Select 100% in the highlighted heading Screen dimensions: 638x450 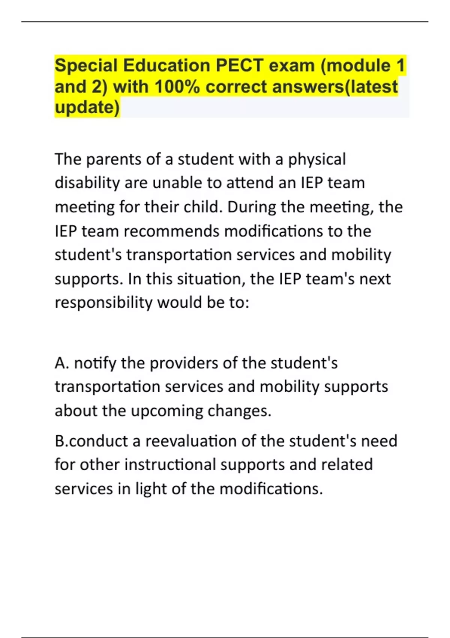click(x=177, y=87)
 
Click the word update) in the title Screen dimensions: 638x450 click(x=87, y=107)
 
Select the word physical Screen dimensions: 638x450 click(x=317, y=159)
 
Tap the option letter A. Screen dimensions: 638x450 click(x=60, y=363)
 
